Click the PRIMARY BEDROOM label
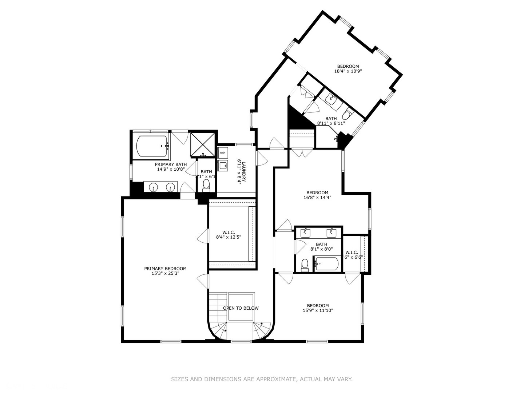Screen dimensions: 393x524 (165, 269)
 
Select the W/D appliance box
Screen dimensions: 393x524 (222, 152)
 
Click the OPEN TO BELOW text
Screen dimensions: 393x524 (241, 308)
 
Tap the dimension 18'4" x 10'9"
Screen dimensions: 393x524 (348, 71)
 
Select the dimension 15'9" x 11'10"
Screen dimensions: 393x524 (318, 311)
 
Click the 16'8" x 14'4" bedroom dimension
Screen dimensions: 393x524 (317, 198)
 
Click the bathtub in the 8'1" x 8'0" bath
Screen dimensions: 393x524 (327, 263)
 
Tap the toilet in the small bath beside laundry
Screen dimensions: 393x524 (206, 184)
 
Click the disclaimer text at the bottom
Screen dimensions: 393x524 (262, 379)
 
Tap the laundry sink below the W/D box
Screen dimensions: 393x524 (222, 166)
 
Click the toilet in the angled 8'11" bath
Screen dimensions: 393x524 (348, 114)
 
